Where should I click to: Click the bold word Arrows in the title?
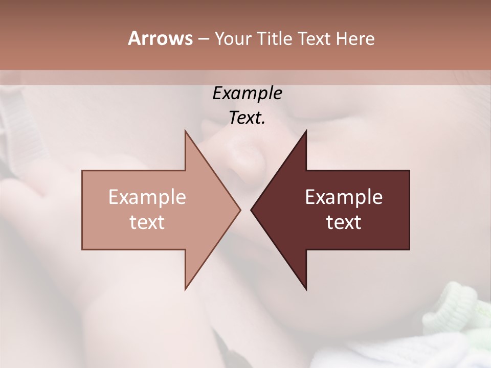[160, 38]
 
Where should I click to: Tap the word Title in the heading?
[275, 39]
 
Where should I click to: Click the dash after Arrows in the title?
[203, 39]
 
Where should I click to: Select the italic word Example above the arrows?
[247, 94]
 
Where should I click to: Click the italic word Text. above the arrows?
[247, 118]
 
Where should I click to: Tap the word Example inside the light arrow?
[147, 197]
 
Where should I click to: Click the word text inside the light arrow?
[147, 222]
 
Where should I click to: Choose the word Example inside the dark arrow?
[344, 197]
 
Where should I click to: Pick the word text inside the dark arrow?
[344, 222]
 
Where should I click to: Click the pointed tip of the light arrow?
[240, 210]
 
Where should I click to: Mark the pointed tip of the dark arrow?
[251, 210]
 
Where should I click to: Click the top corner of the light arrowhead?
[185, 130]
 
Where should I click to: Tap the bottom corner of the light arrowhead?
[185, 289]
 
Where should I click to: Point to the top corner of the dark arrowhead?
[306, 130]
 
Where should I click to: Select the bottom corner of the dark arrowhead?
[306, 290]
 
